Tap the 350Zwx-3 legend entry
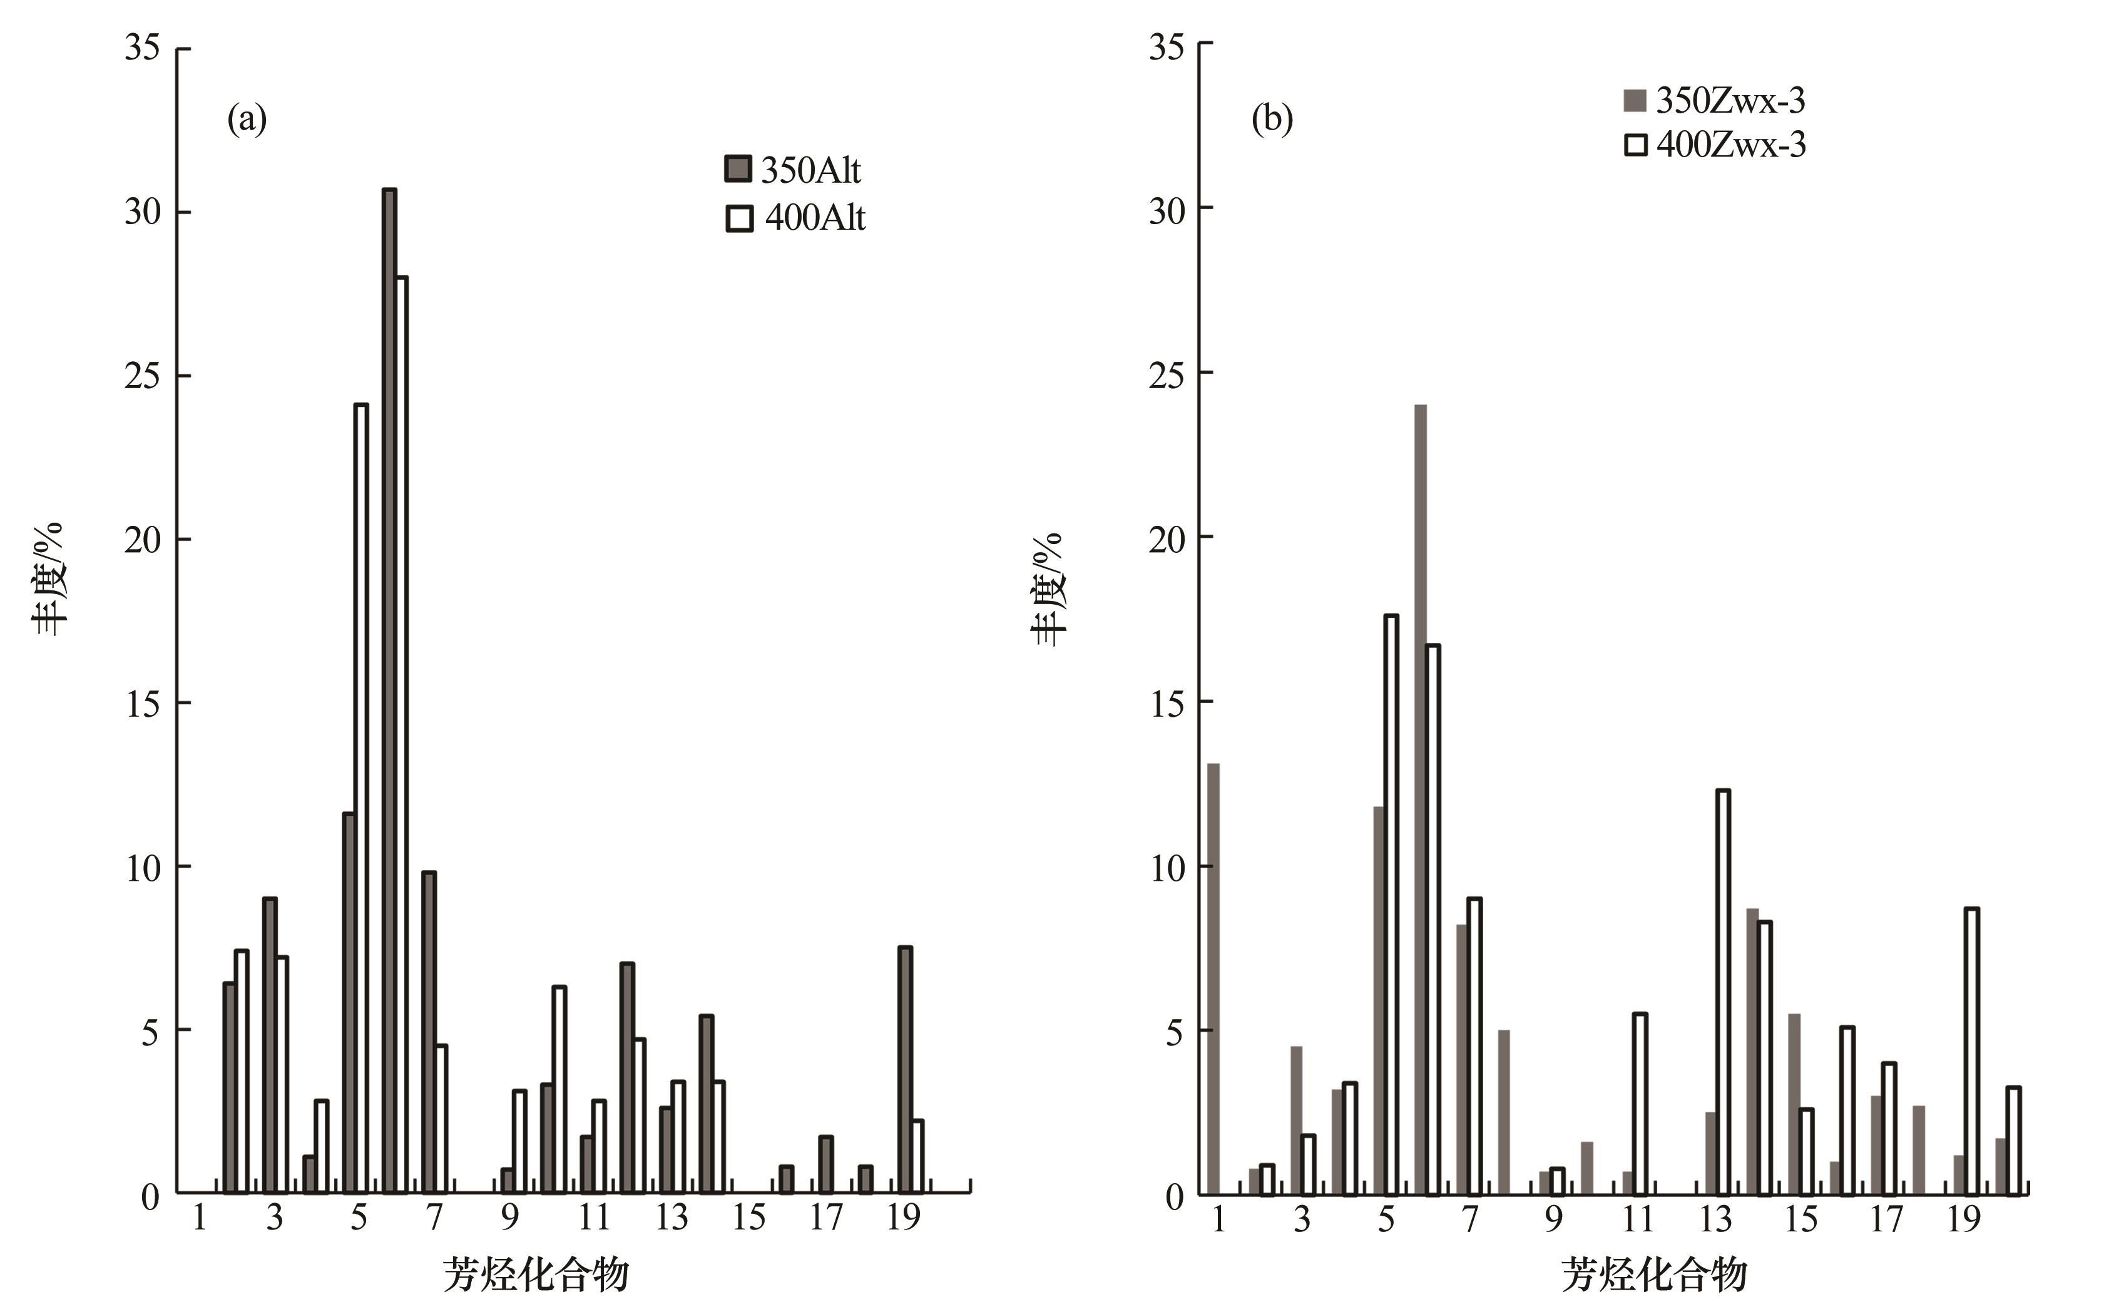[1713, 101]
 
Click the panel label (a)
[247, 118]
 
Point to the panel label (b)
[1272, 118]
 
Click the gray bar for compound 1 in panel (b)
[1213, 978]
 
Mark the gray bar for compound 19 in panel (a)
[904, 1069]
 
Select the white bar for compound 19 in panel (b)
[1971, 1051]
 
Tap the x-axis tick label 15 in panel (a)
[748, 1219]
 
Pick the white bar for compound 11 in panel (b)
[1639, 1104]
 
